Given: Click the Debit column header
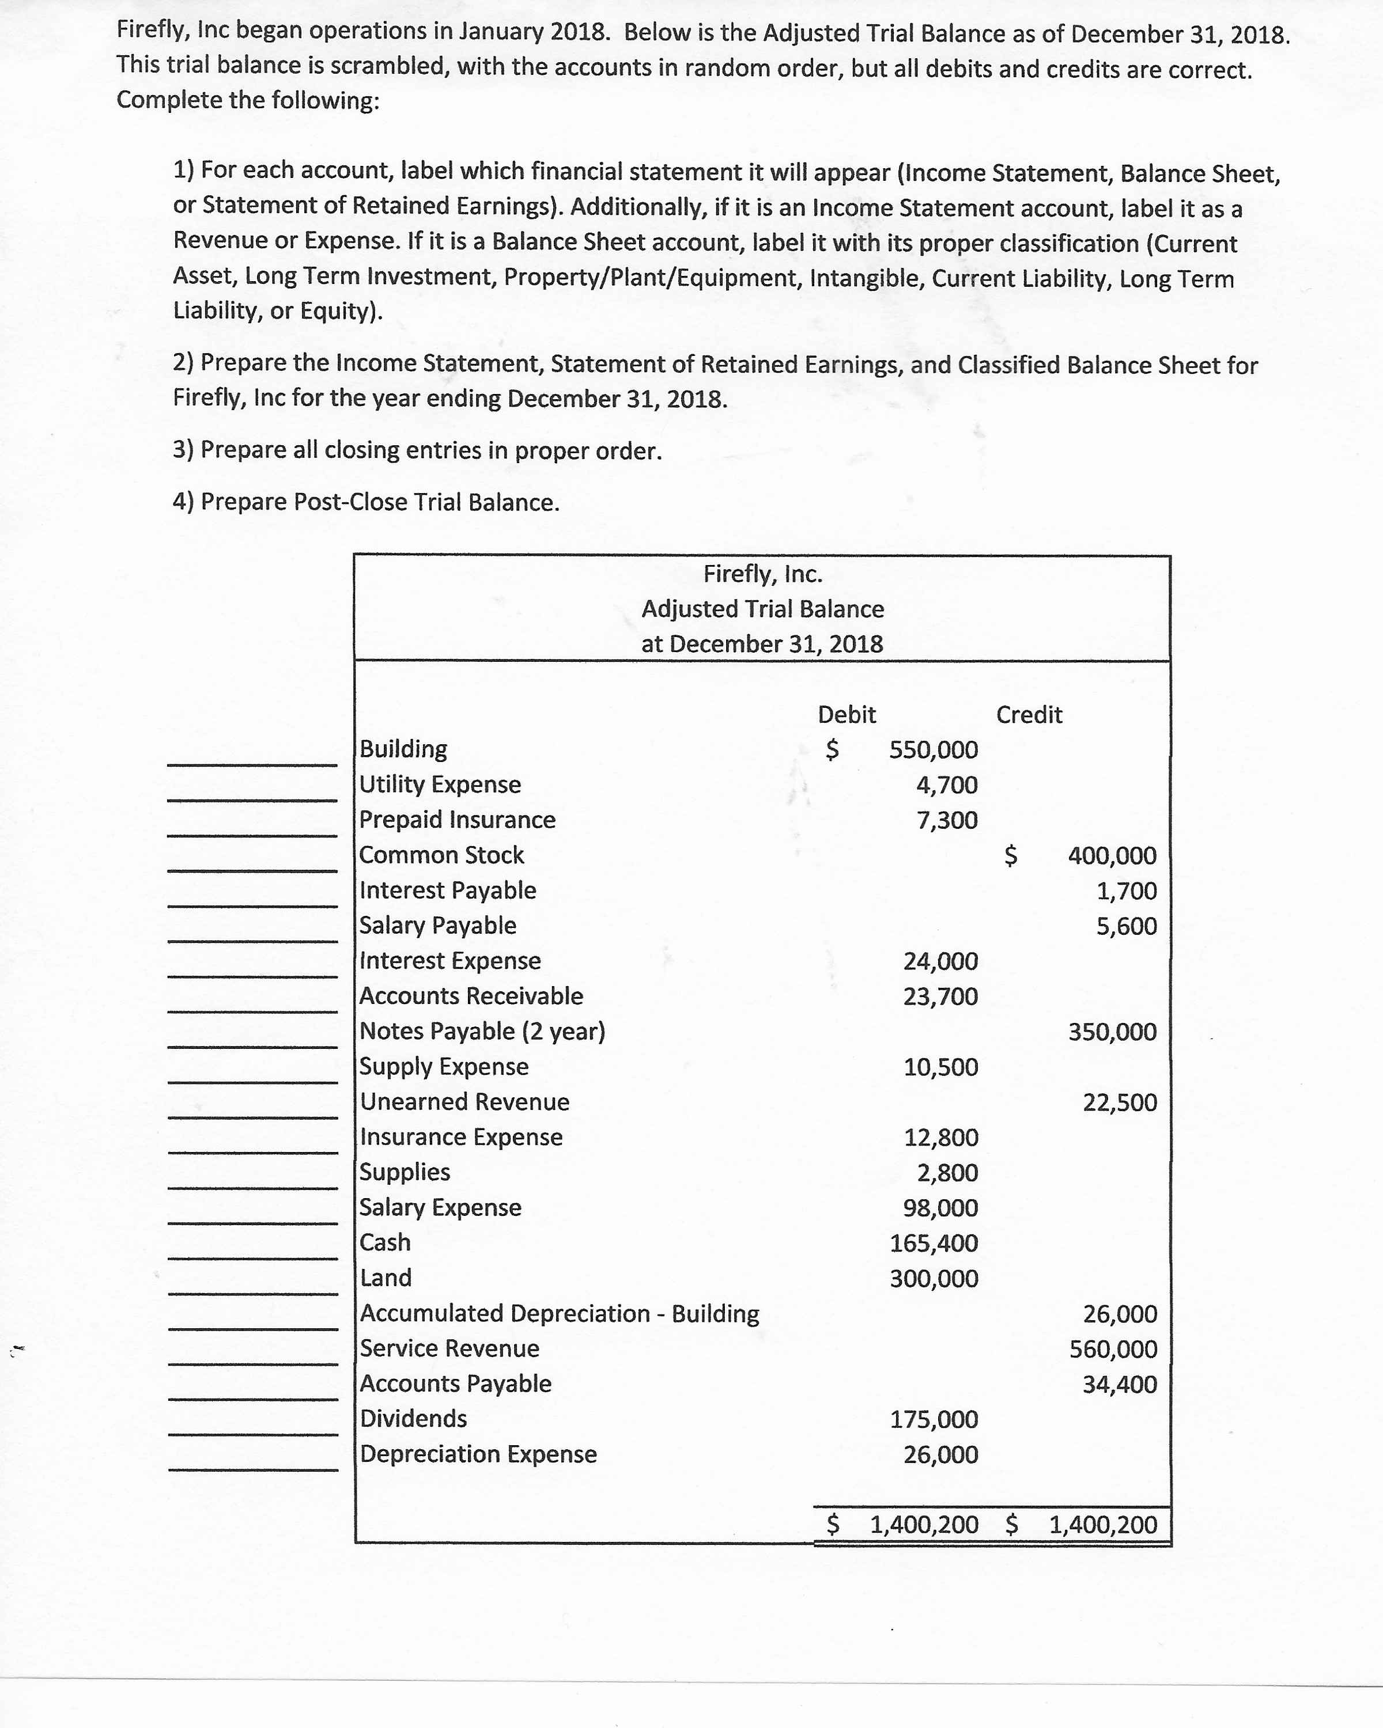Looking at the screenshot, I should click(847, 714).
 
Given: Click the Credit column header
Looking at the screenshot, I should click(1029, 714).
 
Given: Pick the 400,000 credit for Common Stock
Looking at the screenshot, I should click(1112, 856).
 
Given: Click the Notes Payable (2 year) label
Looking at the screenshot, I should click(482, 1030).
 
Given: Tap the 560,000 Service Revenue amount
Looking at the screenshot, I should click(1113, 1349).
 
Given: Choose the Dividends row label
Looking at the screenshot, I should click(413, 1419).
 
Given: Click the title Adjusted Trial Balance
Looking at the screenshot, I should click(762, 609).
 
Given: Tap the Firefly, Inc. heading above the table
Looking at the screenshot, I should click(762, 574).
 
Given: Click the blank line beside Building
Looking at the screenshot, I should click(252, 763).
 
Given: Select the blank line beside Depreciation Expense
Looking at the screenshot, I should click(252, 1468).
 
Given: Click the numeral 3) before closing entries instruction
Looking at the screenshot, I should click(184, 450).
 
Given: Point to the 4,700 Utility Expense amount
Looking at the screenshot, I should click(947, 785).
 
